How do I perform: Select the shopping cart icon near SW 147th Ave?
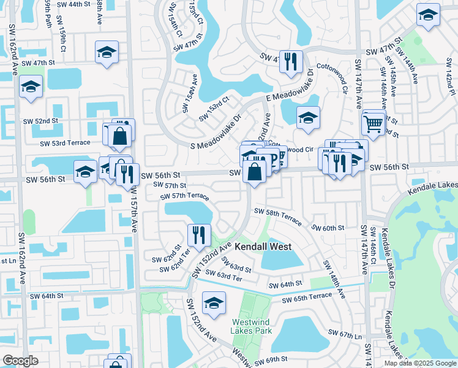point(373,123)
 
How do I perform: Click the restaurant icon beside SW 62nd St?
point(199,234)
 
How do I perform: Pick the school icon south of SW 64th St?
point(214,304)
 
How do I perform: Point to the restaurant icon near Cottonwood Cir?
point(291,61)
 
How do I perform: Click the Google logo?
point(20,361)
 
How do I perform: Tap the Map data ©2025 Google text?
point(420,363)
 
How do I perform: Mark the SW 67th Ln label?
point(345,334)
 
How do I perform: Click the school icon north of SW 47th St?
point(107,52)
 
